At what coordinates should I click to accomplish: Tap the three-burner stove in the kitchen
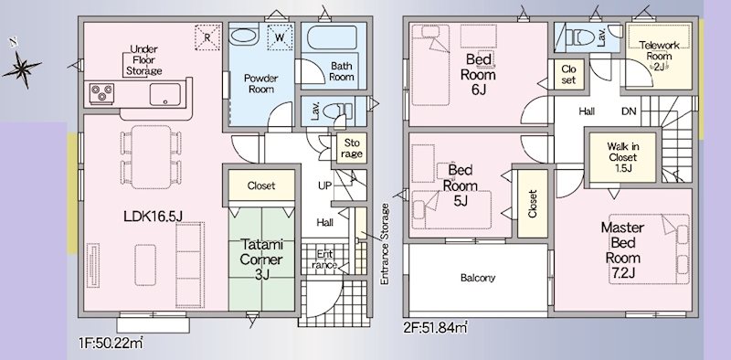click(101, 92)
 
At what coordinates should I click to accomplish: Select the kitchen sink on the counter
click(167, 92)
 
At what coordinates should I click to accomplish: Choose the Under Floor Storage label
click(145, 59)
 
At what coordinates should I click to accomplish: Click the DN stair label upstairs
click(630, 111)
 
